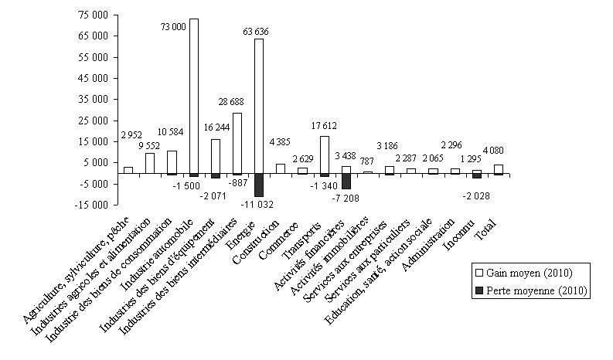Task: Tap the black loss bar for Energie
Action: click(x=259, y=185)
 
